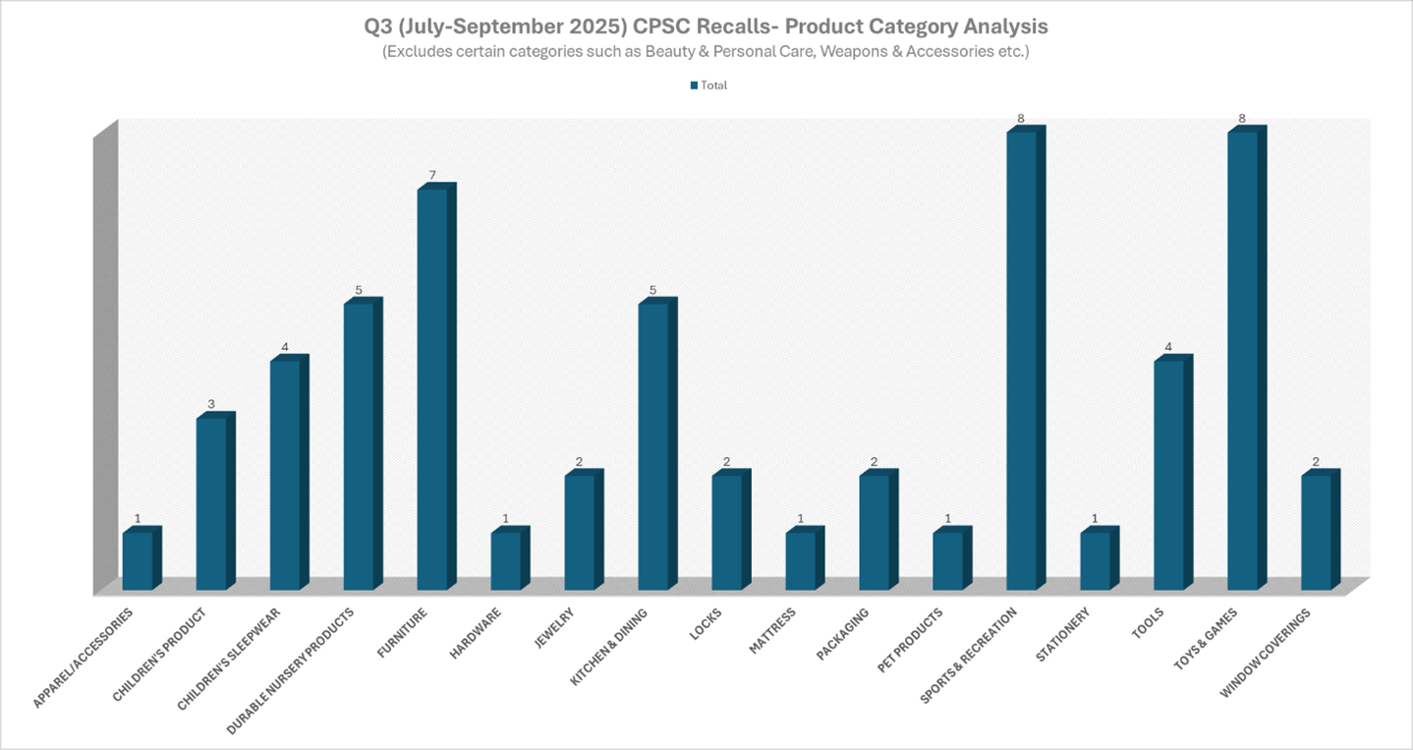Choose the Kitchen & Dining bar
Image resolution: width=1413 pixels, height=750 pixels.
(653, 446)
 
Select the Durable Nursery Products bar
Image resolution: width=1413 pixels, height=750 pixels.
(359, 446)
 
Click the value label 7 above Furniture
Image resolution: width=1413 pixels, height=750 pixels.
(432, 176)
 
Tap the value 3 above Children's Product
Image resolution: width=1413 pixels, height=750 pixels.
(211, 405)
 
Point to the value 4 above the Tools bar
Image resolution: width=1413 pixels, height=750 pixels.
(1169, 347)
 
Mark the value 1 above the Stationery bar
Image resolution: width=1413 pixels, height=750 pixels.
(1096, 519)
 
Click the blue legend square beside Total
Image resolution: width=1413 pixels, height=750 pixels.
(694, 86)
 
